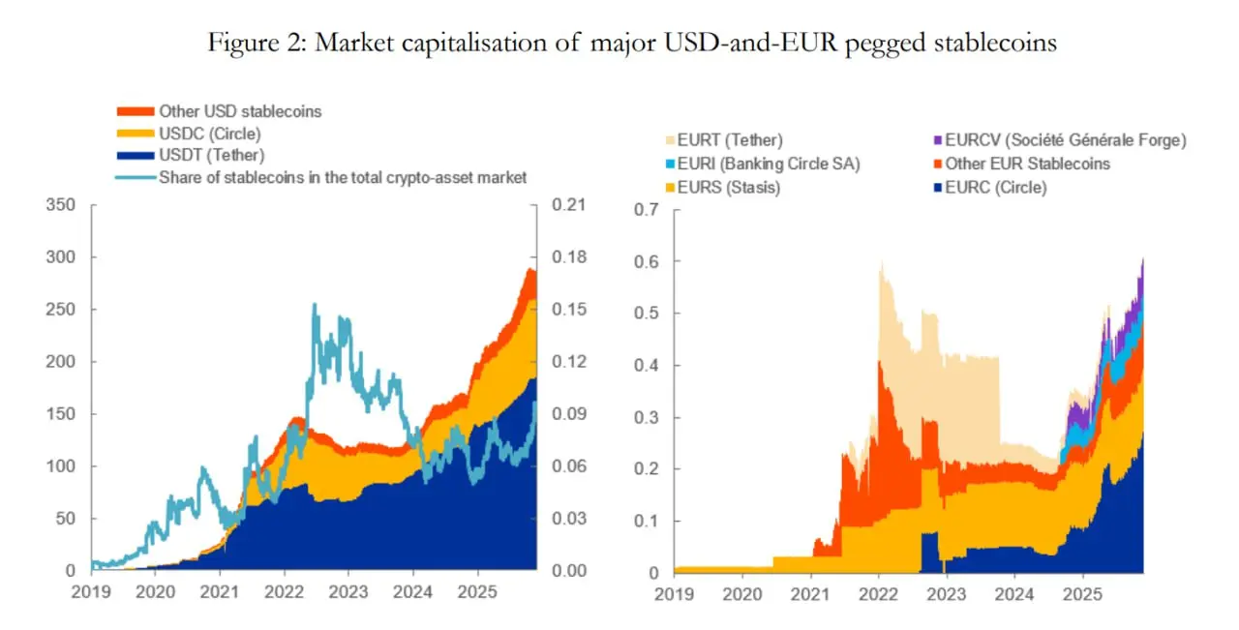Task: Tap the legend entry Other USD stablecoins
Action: click(240, 111)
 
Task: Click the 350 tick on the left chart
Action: click(60, 206)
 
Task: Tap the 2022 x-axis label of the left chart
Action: click(284, 590)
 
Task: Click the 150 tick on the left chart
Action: click(60, 414)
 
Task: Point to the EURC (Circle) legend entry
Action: click(996, 187)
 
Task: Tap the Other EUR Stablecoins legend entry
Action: click(1027, 164)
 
